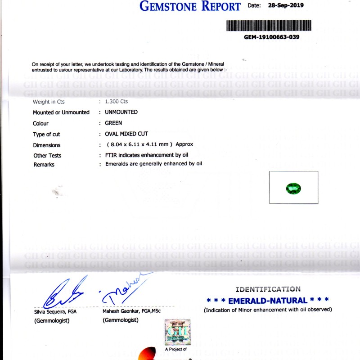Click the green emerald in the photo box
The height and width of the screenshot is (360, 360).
point(293,188)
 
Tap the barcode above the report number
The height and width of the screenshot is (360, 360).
point(269,25)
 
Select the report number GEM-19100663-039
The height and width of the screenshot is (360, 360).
point(271,37)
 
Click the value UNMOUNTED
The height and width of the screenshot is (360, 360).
point(121,112)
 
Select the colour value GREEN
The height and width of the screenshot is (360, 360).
point(113,123)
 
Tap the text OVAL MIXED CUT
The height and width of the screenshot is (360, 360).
point(126,134)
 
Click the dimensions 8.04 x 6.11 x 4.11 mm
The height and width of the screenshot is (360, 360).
point(139,144)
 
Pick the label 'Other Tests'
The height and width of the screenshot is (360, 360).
point(47,156)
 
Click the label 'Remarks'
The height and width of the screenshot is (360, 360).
point(44,165)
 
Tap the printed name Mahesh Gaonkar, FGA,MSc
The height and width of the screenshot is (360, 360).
point(131,311)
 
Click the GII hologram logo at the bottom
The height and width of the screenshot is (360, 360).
point(177,332)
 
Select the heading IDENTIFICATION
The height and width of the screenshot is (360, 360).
point(268,289)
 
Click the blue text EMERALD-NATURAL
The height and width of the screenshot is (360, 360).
point(268,300)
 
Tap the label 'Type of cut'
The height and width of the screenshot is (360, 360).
point(46,134)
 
